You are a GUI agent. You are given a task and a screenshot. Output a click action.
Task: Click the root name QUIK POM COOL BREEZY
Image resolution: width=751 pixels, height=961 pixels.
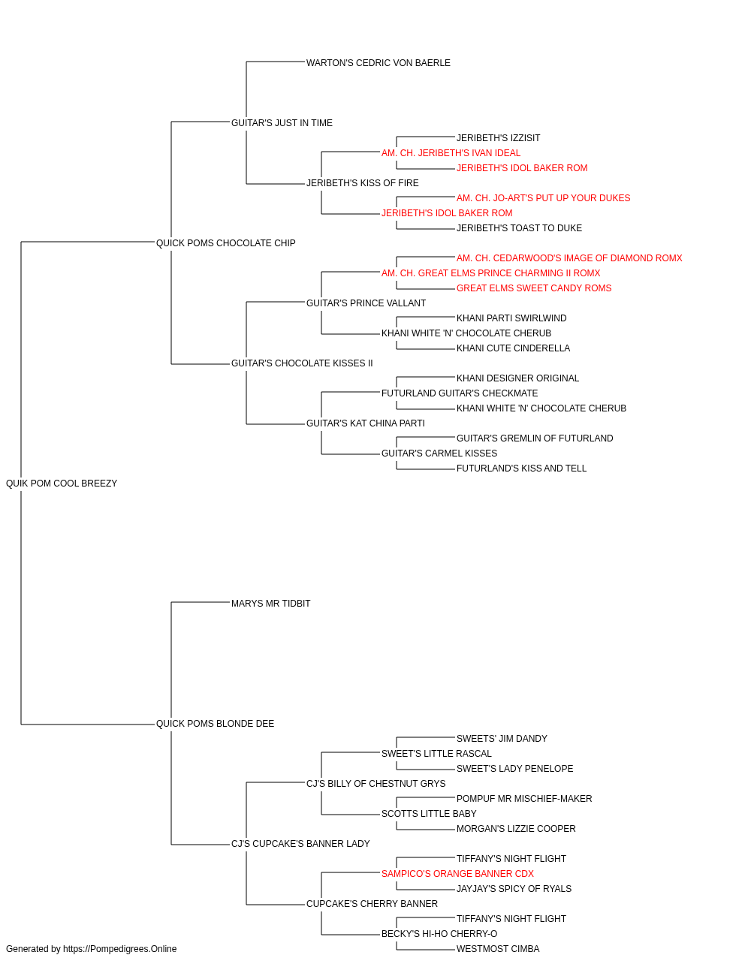point(62,484)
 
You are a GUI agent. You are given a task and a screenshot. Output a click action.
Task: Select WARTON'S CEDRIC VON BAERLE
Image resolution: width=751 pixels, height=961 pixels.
point(379,63)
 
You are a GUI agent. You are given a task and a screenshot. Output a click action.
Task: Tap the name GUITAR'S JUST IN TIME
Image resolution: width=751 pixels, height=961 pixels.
point(282,123)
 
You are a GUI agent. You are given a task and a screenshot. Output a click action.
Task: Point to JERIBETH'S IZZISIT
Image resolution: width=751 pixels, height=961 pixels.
point(498,138)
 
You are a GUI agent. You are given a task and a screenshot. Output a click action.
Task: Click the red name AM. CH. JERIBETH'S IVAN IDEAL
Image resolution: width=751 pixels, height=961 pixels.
point(451,153)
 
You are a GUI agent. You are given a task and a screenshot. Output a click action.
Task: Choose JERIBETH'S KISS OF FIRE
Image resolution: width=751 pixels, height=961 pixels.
point(362,183)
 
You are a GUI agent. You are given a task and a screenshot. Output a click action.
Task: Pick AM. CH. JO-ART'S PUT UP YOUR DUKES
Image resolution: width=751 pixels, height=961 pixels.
point(543,198)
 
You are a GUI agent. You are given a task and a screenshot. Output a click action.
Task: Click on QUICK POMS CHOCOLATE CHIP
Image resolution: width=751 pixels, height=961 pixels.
point(225,243)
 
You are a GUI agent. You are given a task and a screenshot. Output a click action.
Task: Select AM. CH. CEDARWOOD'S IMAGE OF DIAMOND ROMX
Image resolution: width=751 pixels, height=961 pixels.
point(569,258)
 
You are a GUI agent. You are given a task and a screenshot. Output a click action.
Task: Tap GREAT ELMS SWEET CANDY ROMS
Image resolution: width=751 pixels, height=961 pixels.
point(534,288)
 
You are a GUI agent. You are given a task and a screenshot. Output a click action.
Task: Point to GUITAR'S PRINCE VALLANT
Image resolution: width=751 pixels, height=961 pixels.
point(366,303)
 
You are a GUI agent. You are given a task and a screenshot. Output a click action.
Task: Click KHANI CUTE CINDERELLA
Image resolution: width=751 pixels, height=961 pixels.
point(513,348)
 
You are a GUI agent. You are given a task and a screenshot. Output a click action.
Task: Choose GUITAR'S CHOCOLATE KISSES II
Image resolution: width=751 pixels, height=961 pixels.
point(302,363)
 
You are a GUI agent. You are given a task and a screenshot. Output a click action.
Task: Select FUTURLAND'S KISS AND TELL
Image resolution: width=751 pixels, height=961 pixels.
point(521,468)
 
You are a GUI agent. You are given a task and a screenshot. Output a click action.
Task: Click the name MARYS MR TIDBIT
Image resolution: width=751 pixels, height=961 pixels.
point(270,604)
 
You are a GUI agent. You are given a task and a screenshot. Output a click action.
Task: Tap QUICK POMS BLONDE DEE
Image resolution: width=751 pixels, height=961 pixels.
point(215,724)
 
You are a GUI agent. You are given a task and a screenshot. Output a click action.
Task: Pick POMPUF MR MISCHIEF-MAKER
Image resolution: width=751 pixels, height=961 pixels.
point(524,799)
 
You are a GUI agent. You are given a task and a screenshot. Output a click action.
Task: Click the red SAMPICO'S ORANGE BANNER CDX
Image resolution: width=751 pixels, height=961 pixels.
point(457,874)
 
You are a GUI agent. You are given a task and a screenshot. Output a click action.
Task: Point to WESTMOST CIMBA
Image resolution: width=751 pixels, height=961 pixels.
point(498,949)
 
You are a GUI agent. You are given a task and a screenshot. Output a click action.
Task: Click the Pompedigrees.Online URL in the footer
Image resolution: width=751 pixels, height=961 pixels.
point(120,949)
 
